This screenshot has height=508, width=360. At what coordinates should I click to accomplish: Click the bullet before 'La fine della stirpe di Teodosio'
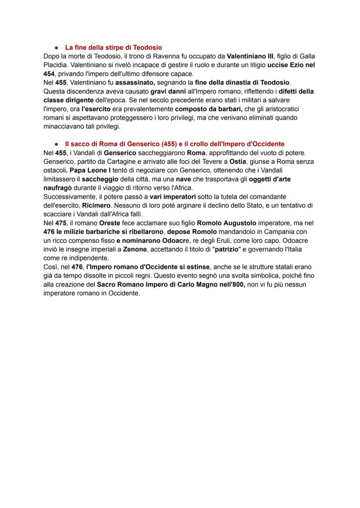57,47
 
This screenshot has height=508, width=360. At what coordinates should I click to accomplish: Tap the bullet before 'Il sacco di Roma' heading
57,144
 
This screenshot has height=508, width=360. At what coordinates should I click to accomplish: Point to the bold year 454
49,73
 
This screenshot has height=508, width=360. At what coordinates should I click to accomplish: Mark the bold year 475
61,223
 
